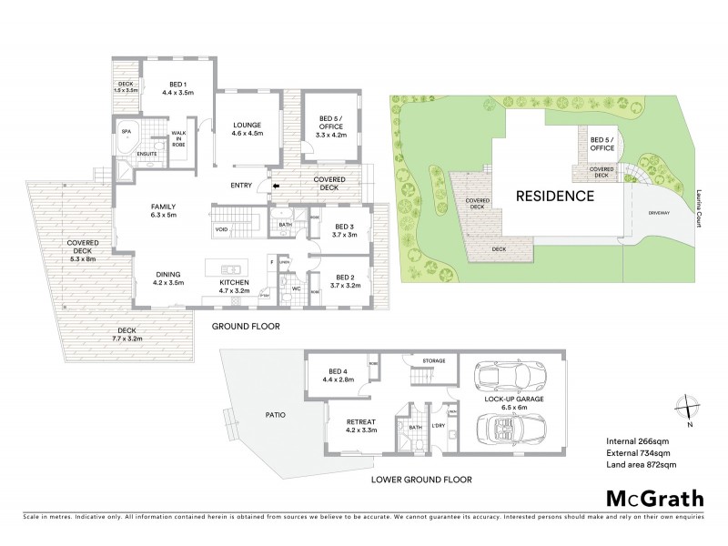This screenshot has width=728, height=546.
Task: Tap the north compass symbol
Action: (x=689, y=410)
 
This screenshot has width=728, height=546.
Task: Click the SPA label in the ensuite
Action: (x=126, y=131)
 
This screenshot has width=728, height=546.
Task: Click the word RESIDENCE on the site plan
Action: (x=555, y=196)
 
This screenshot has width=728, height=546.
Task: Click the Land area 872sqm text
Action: (x=642, y=465)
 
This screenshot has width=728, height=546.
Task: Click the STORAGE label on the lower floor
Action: (x=433, y=361)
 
